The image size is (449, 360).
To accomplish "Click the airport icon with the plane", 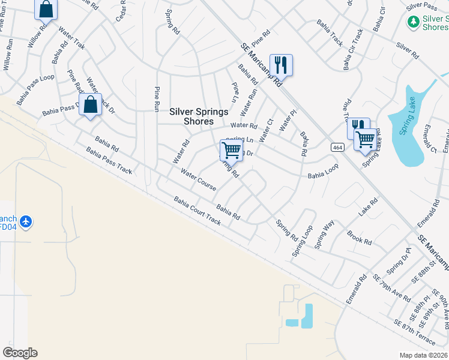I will click(x=25, y=222).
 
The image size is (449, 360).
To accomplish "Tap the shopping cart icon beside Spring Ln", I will click(x=231, y=150).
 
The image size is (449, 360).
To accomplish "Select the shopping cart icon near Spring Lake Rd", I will click(x=365, y=140).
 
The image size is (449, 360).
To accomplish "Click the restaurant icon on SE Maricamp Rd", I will click(x=281, y=64).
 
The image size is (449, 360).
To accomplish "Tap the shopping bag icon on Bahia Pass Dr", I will click(x=90, y=104).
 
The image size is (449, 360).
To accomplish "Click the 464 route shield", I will click(x=336, y=147).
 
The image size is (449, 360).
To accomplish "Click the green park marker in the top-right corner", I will click(x=413, y=22).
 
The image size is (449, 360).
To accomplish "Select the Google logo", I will click(x=20, y=353).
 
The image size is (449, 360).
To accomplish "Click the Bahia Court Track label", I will click(x=197, y=211).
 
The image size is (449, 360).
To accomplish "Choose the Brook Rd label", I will click(x=360, y=236).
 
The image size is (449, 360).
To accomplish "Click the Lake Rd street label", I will click(x=369, y=208).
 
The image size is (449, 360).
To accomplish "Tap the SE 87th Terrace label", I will click(x=415, y=332).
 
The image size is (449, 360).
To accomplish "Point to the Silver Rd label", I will click(x=407, y=50).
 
